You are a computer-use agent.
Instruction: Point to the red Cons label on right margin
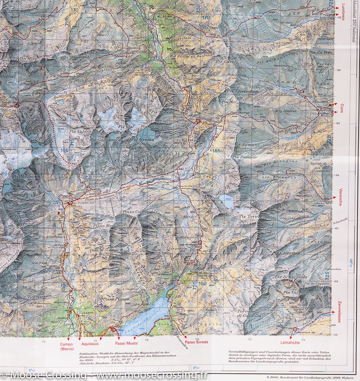coord(342,106)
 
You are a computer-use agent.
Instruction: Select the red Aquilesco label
coord(90,343)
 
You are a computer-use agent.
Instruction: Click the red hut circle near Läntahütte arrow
coord(295,329)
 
